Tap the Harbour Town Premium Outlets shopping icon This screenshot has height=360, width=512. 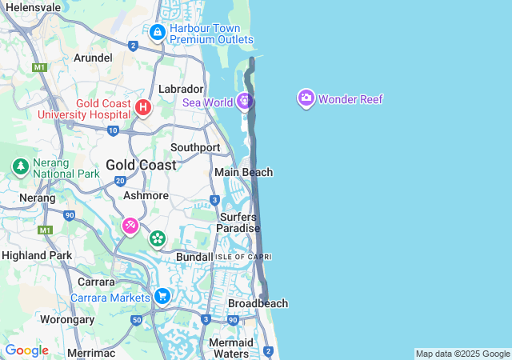point(158,33)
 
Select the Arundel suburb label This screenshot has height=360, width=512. point(93,58)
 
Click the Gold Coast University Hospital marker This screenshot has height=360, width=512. point(143,107)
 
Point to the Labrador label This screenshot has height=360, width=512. point(182,89)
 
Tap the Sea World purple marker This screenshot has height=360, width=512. point(245,101)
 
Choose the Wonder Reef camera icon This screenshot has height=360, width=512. point(306,98)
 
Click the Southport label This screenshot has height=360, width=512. point(195,148)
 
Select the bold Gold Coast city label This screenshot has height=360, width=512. point(141,165)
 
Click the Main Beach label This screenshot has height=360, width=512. point(243,172)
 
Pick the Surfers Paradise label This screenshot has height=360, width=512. point(238,222)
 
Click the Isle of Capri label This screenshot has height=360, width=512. point(243,256)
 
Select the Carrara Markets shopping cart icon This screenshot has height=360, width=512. point(162,297)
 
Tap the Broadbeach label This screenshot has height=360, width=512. point(258,304)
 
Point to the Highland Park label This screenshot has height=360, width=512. point(37,255)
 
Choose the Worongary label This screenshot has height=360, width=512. point(67,319)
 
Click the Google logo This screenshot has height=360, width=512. point(26,350)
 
